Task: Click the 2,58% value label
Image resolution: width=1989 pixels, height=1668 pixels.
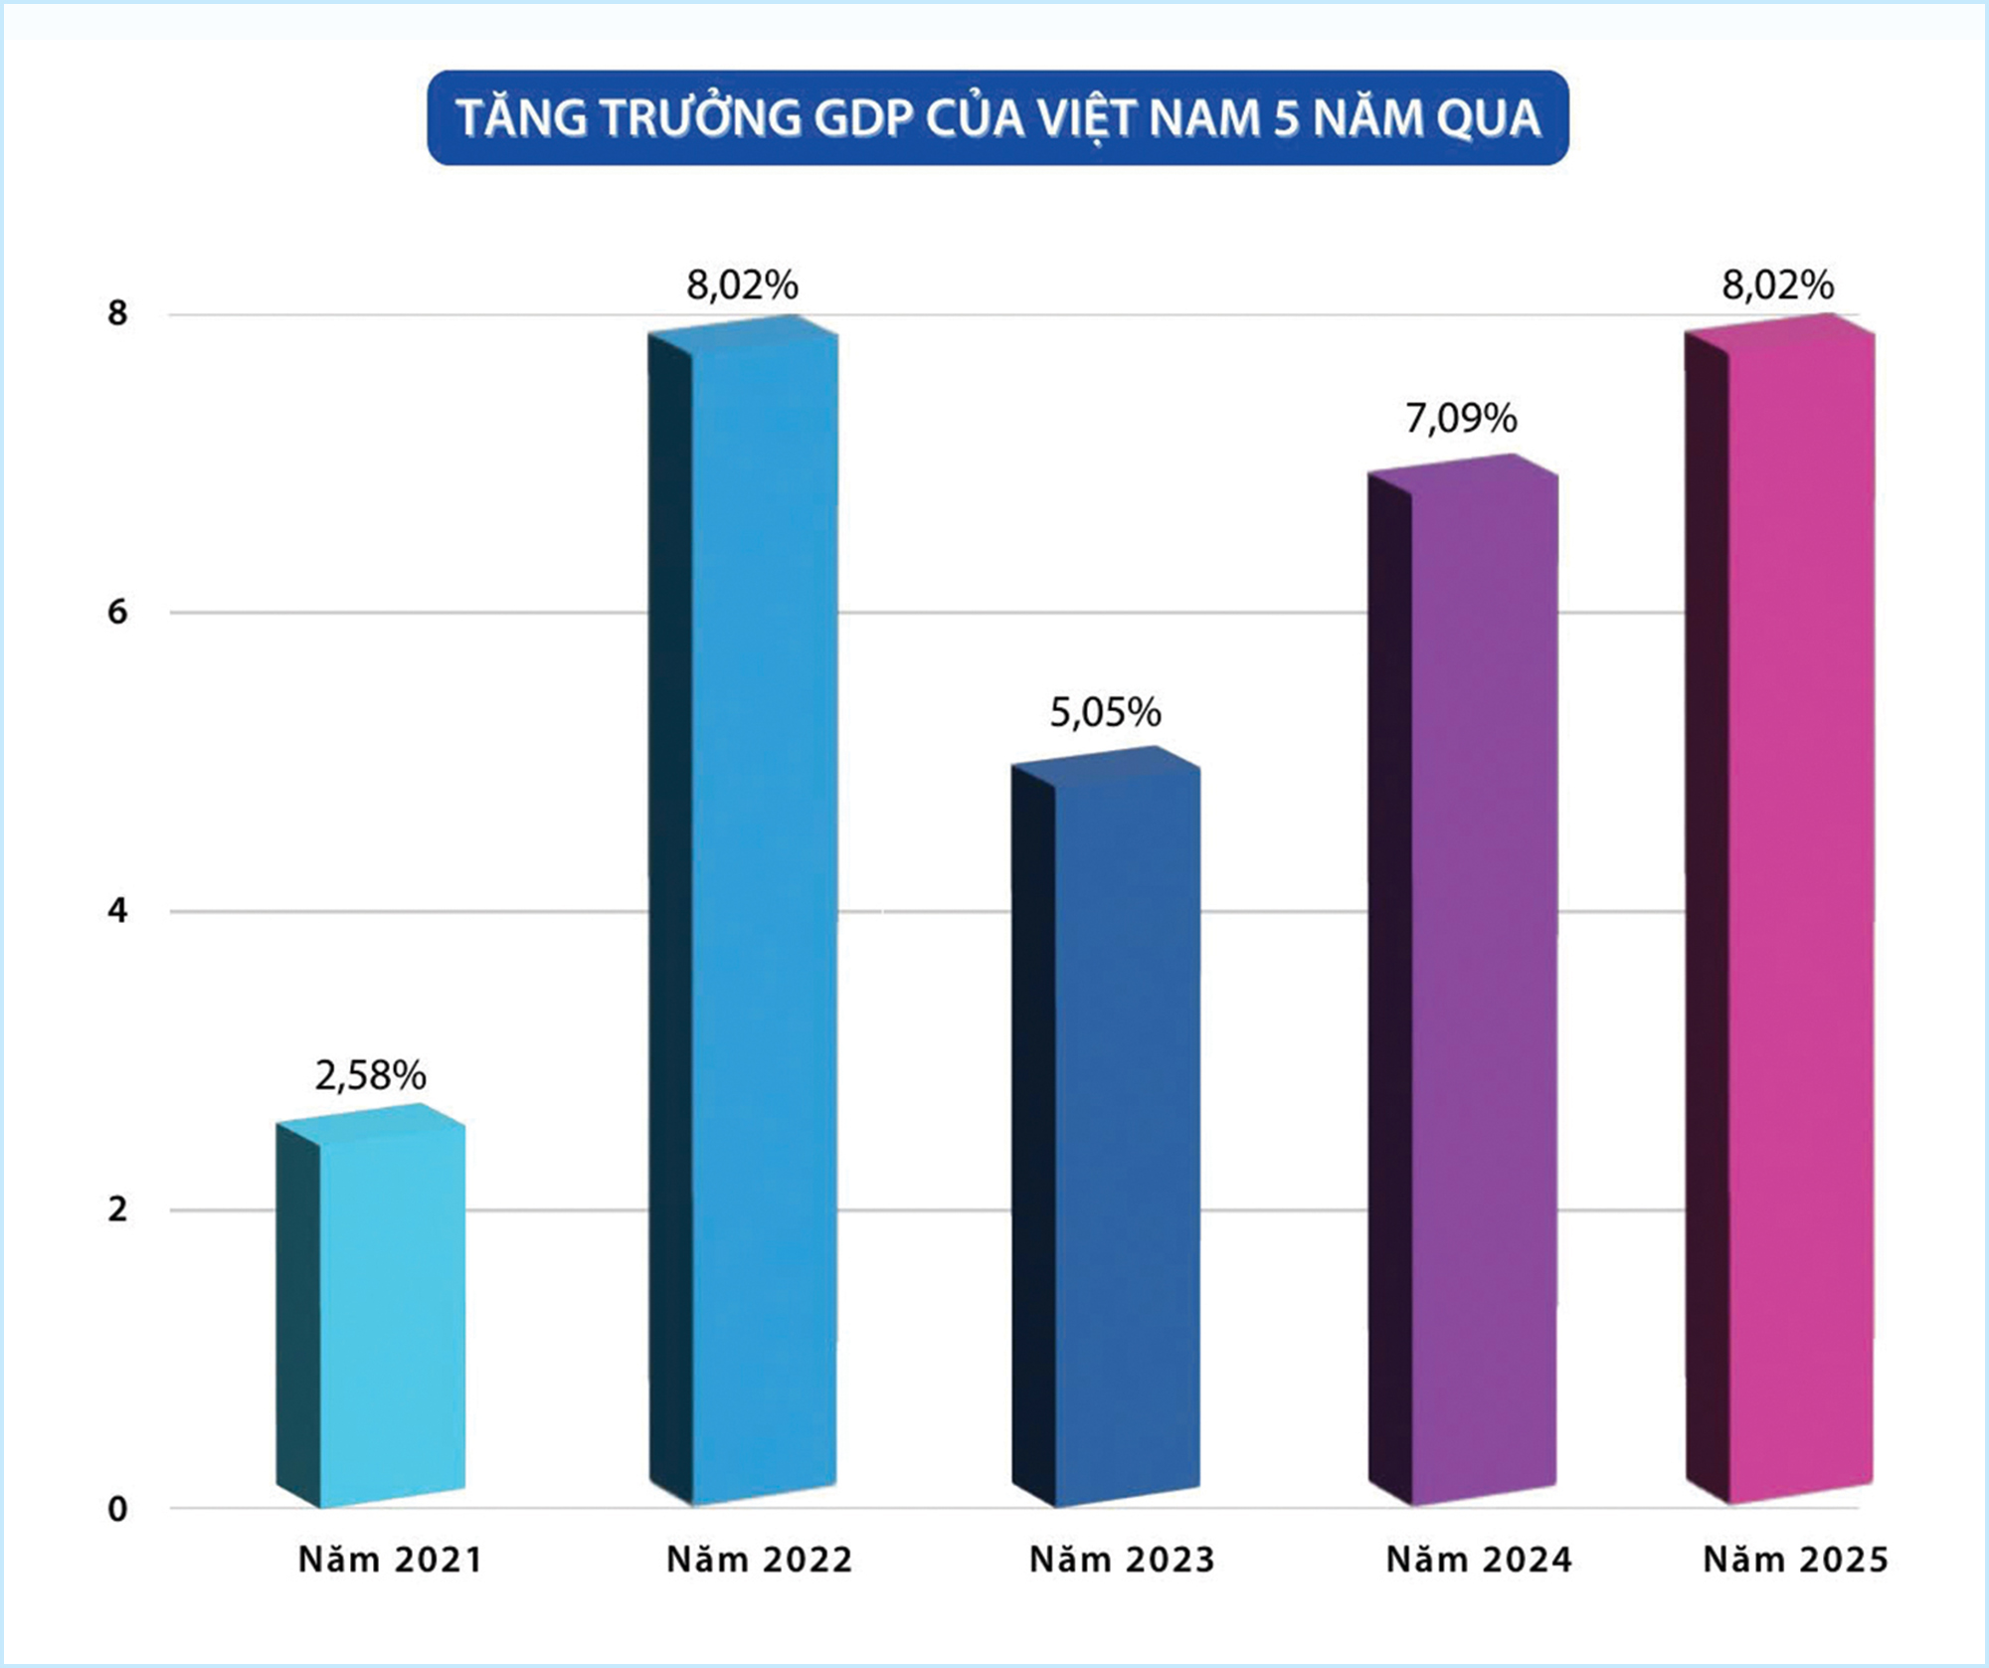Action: pyautogui.click(x=370, y=1076)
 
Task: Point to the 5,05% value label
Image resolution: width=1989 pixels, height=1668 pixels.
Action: pyautogui.click(x=1105, y=713)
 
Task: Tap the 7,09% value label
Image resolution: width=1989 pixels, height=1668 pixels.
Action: pyautogui.click(x=1460, y=419)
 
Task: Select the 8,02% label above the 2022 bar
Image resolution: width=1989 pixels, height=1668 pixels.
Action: pyautogui.click(x=742, y=285)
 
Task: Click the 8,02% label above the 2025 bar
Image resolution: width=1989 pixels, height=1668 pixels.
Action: pyautogui.click(x=1777, y=285)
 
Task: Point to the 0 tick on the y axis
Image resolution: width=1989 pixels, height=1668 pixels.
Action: pyautogui.click(x=117, y=1510)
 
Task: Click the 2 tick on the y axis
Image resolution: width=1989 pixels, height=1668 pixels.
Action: pyautogui.click(x=117, y=1210)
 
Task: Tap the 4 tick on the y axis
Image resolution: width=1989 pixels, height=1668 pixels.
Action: pyautogui.click(x=117, y=911)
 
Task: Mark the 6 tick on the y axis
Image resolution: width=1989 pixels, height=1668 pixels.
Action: pyautogui.click(x=117, y=612)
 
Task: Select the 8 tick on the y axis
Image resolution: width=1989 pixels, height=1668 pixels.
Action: pyautogui.click(x=117, y=313)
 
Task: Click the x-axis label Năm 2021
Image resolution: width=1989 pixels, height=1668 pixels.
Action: pyautogui.click(x=390, y=1560)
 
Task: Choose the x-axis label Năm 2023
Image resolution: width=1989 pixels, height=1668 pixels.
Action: pyautogui.click(x=1122, y=1560)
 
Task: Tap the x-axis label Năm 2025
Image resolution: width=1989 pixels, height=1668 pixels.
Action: pyautogui.click(x=1795, y=1560)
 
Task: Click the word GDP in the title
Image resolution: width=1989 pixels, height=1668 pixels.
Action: pyautogui.click(x=863, y=118)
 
